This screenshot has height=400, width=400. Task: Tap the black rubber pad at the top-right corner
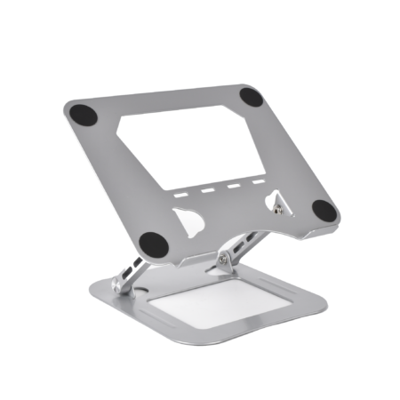tap(252, 97)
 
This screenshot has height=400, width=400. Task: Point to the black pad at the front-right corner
tap(324, 211)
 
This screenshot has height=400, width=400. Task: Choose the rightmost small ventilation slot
tap(259, 181)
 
